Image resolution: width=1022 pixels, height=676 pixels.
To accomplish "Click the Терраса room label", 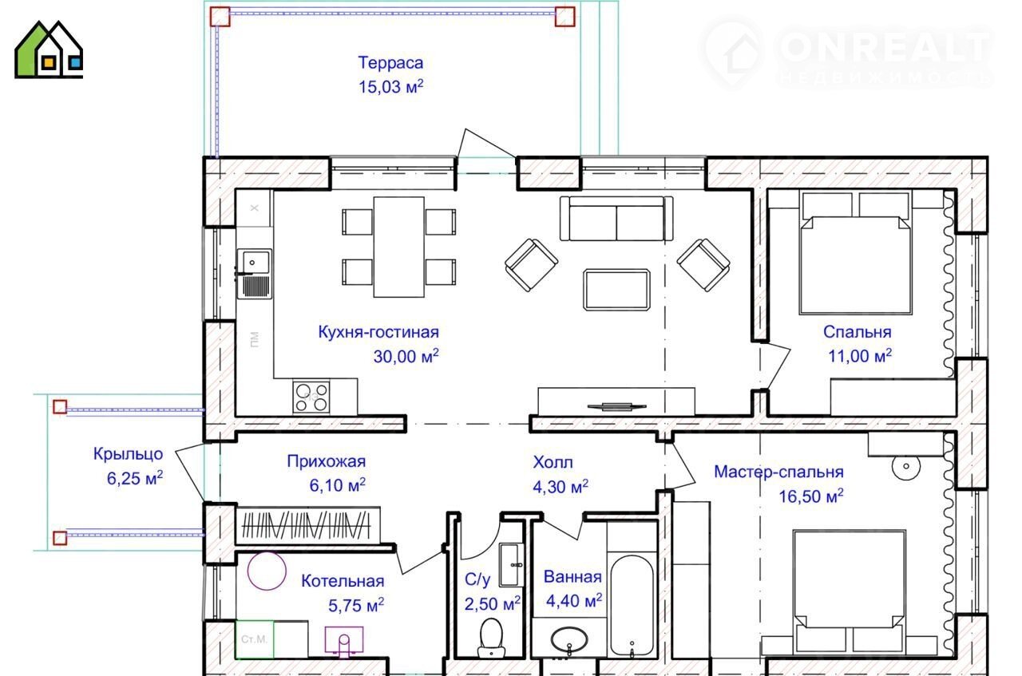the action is click(390, 63).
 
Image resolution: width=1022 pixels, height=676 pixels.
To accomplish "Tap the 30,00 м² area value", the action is click(406, 356).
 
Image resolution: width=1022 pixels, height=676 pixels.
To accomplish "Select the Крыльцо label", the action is click(129, 454).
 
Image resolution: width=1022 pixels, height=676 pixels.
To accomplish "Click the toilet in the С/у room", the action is click(491, 638).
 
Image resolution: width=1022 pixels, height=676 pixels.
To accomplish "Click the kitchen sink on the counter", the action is click(254, 274).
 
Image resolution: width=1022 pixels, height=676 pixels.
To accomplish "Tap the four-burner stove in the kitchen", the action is click(311, 397).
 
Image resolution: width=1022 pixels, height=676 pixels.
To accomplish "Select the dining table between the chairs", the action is click(398, 247).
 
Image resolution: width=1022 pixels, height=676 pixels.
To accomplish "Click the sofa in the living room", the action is click(616, 218).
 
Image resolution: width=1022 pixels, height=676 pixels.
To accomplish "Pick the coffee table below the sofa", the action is click(616, 290).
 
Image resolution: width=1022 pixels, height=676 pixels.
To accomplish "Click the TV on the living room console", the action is click(616, 405).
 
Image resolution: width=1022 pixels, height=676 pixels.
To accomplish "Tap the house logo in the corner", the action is click(49, 49).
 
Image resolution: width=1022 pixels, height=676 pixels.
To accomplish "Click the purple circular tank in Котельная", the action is click(267, 571).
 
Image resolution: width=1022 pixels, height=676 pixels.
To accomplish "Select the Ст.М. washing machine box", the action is click(254, 639).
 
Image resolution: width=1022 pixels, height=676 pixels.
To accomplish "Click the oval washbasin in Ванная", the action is click(569, 640).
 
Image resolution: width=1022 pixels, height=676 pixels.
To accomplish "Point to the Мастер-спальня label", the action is click(778, 472).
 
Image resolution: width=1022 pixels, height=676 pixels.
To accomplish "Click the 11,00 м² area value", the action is click(860, 356).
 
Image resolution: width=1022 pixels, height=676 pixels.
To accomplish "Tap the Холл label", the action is click(553, 462).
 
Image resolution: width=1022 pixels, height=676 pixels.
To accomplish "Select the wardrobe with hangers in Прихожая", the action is click(308, 525).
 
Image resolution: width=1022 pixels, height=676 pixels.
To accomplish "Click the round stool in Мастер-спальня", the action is click(906, 466).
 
